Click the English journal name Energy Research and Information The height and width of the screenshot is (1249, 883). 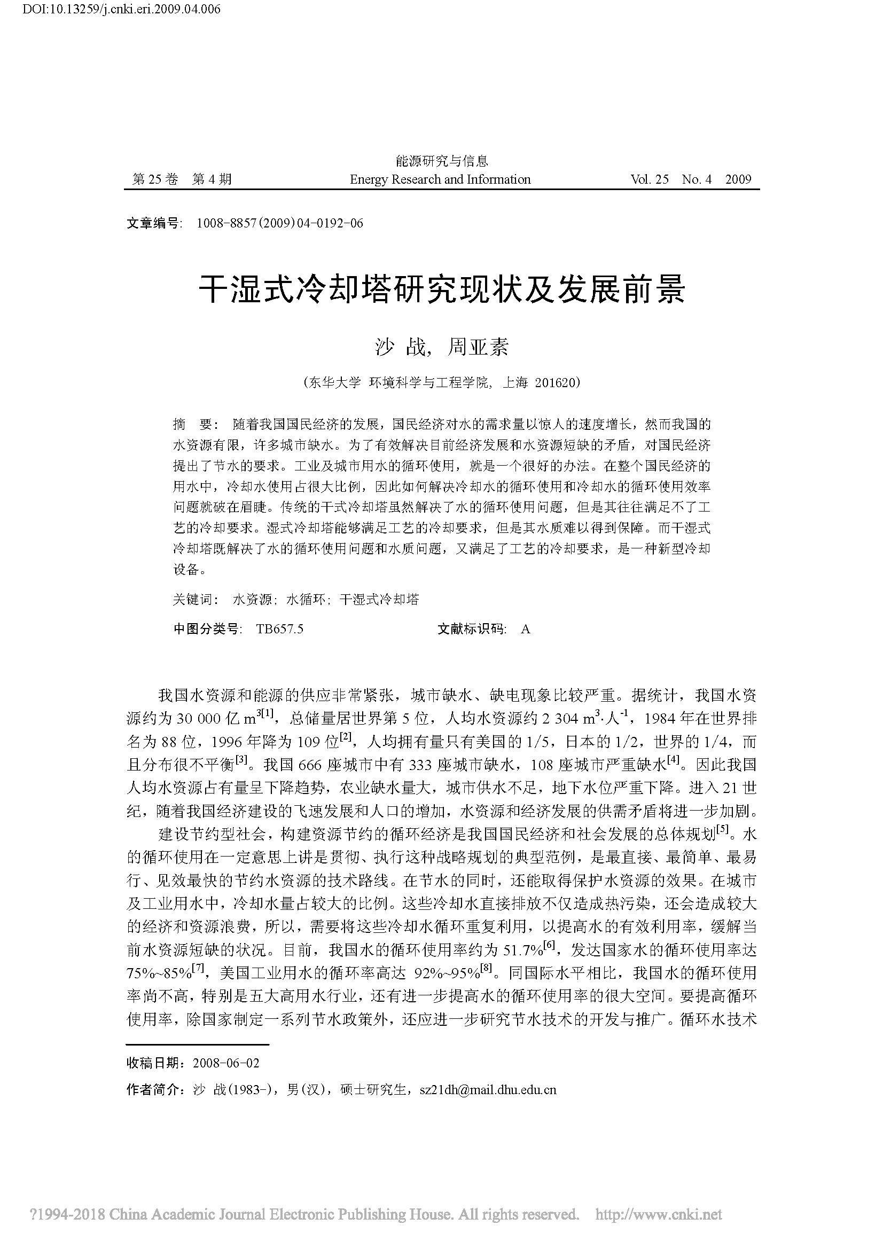[440, 179]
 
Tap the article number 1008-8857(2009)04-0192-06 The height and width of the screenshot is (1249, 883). [280, 223]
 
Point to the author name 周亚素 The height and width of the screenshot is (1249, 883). [477, 347]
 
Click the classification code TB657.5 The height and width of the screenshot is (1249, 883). [280, 629]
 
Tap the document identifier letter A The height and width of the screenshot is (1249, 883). [525, 629]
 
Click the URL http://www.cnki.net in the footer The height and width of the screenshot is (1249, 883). [658, 1214]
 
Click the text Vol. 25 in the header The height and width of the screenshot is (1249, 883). [649, 179]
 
